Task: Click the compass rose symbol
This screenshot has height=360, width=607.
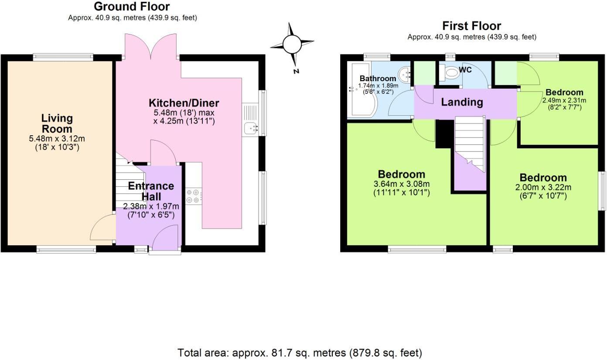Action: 292,44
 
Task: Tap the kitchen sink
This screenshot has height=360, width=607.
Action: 250,128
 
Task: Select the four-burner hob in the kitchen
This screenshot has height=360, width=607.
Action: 193,195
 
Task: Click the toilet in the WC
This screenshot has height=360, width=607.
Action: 449,73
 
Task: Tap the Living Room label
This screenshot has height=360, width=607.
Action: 57,123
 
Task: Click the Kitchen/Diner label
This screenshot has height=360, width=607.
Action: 184,103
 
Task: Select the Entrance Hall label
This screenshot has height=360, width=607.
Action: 151,191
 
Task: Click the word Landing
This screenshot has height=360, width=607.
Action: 462,103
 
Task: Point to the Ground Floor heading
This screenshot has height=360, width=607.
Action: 132,7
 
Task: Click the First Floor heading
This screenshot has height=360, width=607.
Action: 471,26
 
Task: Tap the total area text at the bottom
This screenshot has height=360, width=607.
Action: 300,353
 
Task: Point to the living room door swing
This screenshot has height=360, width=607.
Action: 102,228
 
